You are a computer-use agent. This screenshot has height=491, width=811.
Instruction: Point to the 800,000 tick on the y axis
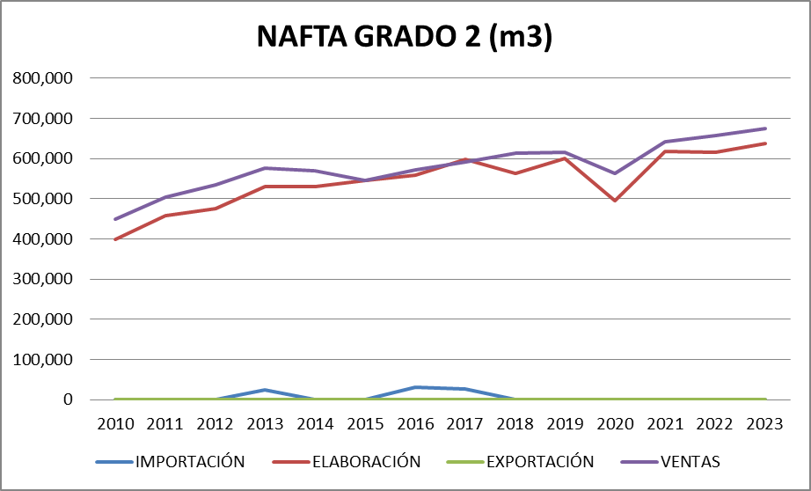point(43,78)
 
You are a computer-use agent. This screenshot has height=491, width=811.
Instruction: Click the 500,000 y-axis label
point(43,199)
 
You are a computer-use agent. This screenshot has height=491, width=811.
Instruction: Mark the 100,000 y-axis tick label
point(43,360)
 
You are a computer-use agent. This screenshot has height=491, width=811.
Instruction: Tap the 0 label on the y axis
point(68,399)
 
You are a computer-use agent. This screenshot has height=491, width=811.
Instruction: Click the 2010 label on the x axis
point(115,424)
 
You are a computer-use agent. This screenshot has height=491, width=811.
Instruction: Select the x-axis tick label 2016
point(415,424)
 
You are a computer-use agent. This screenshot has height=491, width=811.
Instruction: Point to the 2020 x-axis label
point(616,424)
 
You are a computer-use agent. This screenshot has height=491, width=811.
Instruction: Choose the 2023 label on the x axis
point(765,424)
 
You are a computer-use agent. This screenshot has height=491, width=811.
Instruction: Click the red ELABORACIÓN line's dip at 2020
point(616,201)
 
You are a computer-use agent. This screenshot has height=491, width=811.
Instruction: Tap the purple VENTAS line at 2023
point(765,128)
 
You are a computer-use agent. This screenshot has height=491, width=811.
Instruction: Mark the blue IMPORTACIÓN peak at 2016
point(415,387)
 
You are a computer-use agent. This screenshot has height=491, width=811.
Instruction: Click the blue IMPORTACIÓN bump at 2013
point(266,390)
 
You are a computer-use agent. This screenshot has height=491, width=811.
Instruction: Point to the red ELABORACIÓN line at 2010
point(115,239)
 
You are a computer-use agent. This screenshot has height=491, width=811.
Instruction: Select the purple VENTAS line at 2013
point(266,168)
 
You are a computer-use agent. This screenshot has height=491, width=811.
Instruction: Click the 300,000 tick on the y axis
point(43,280)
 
